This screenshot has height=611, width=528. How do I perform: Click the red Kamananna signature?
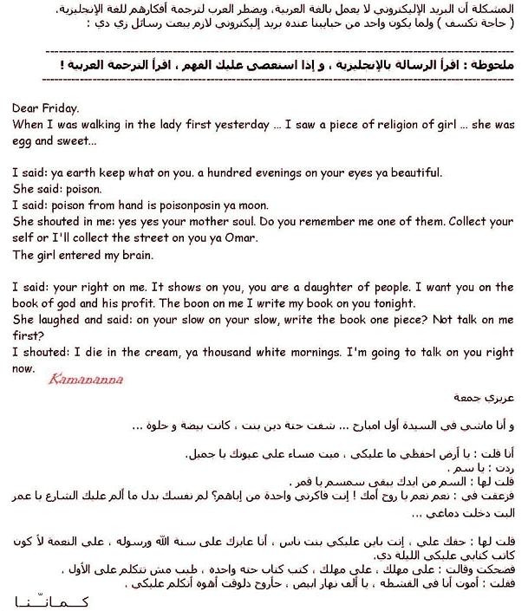point(86,379)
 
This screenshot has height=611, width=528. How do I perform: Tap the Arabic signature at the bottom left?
point(52,600)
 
